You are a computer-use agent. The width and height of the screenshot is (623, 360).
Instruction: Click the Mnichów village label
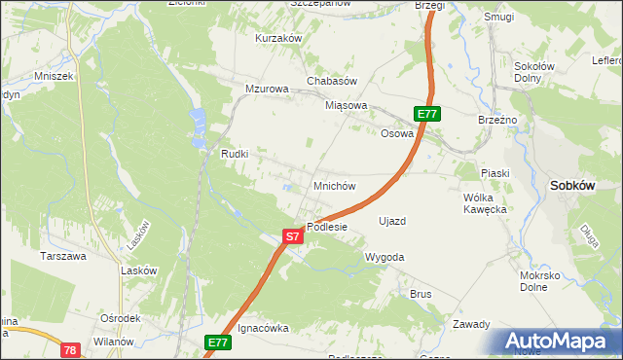pos(334,185)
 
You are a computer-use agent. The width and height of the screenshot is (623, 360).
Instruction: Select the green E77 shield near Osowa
pos(427,114)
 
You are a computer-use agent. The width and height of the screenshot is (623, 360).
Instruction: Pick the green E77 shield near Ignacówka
pos(218,342)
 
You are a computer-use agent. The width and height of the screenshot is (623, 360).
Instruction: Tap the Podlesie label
pos(327,227)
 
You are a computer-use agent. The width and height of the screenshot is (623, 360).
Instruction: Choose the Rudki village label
pos(235,154)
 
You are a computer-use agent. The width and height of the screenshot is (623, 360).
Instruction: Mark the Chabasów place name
pos(333,81)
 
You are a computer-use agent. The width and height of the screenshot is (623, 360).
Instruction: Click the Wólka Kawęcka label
pos(485,202)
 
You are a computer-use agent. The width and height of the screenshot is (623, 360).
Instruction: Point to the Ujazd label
pos(391,221)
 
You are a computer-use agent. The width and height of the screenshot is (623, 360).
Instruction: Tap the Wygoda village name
pos(384,257)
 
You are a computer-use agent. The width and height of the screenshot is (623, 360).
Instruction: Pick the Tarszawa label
pos(62,256)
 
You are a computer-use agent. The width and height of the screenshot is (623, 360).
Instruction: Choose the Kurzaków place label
pos(278,38)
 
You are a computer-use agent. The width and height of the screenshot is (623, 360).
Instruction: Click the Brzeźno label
pos(496,119)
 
